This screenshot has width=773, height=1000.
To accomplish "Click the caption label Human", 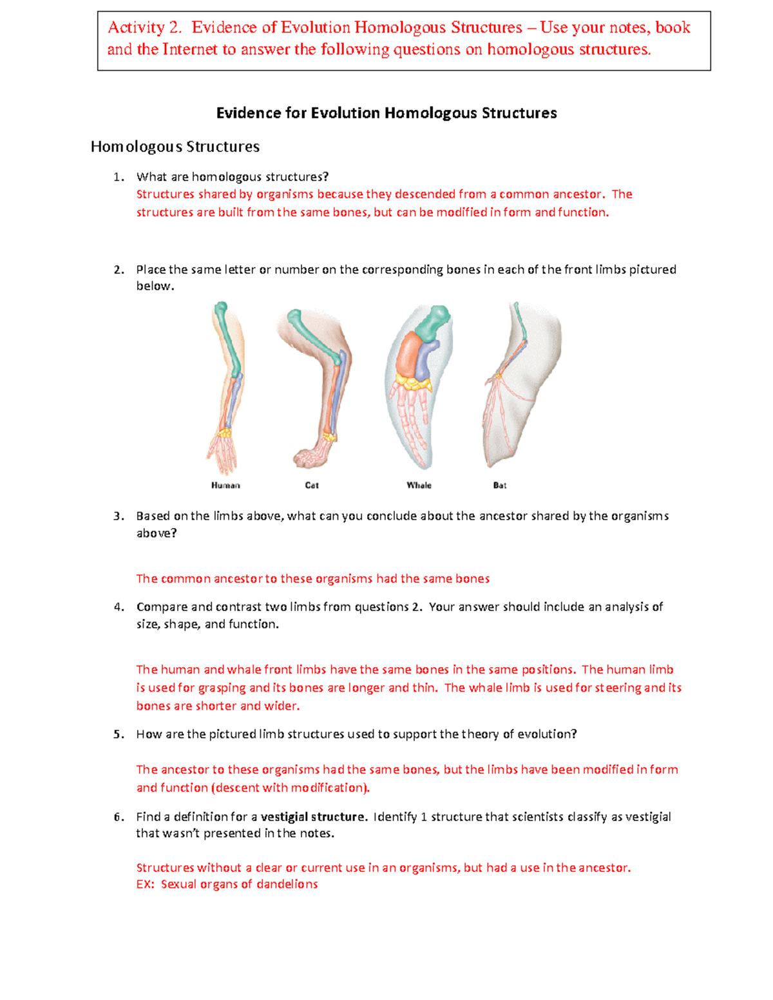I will point(225,486).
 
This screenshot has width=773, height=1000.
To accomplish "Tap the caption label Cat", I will point(312,486).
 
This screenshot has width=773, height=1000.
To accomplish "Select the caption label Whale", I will point(419,486).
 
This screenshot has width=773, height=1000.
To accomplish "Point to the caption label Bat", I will point(500,486).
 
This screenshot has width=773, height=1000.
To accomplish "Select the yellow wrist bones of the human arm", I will point(224,433).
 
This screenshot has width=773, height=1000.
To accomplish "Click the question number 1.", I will point(117,177).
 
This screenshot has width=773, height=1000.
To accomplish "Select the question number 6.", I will point(118,817).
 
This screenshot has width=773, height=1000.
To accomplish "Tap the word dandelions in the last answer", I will point(287,885).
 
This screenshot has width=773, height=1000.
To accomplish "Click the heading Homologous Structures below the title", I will point(175,147).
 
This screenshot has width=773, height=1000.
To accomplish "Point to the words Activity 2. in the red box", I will point(145,28).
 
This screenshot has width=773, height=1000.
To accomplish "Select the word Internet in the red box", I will point(190,50).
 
